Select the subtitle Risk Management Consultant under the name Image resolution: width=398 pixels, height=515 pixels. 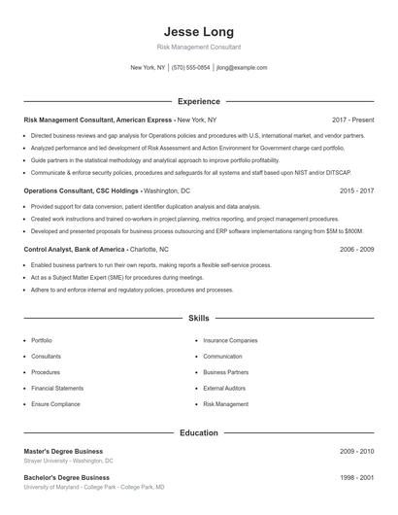[x=198, y=47]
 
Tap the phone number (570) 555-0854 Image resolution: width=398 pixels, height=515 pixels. [x=191, y=68]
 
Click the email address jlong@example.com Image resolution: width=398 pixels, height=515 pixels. [x=242, y=68]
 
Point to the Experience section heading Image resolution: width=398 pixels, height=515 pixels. [x=198, y=101]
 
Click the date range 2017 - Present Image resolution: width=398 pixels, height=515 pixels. [x=352, y=120]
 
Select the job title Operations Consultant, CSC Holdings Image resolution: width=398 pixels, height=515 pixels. [x=82, y=191]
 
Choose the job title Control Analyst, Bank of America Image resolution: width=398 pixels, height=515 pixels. [x=75, y=249]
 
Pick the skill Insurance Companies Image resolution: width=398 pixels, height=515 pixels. [x=230, y=341]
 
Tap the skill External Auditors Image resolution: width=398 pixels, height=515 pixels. [x=225, y=388]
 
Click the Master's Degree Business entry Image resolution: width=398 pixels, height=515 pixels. [x=64, y=452]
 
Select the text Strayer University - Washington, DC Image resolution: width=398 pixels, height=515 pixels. [x=68, y=462]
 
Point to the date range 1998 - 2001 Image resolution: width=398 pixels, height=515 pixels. [x=357, y=478]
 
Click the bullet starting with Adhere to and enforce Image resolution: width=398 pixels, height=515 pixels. [x=132, y=290]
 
